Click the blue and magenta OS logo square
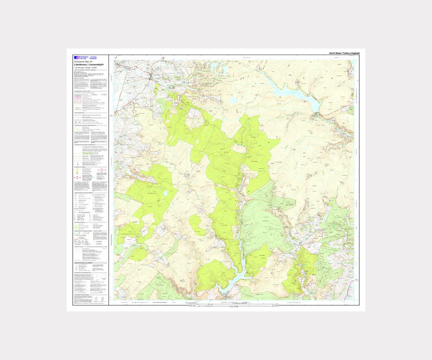coord(76,58)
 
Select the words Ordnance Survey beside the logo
coord(84,58)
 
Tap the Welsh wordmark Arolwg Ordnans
coord(93,58)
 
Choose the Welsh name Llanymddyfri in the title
coord(96,65)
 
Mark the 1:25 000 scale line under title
coord(86,68)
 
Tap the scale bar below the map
coord(234,305)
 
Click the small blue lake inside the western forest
coord(165,193)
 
